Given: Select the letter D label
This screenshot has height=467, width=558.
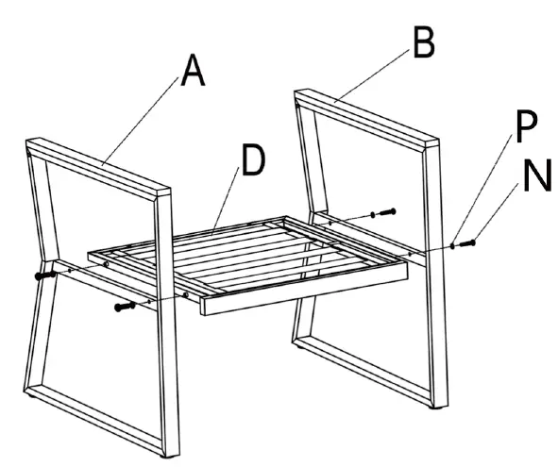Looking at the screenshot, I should [252, 162].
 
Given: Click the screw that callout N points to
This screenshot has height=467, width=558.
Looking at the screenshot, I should [468, 243].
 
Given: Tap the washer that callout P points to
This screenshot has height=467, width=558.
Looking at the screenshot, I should [453, 246].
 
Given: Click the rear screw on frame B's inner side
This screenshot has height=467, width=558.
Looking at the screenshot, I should [387, 212].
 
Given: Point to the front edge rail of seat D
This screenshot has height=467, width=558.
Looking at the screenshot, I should [302, 292].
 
